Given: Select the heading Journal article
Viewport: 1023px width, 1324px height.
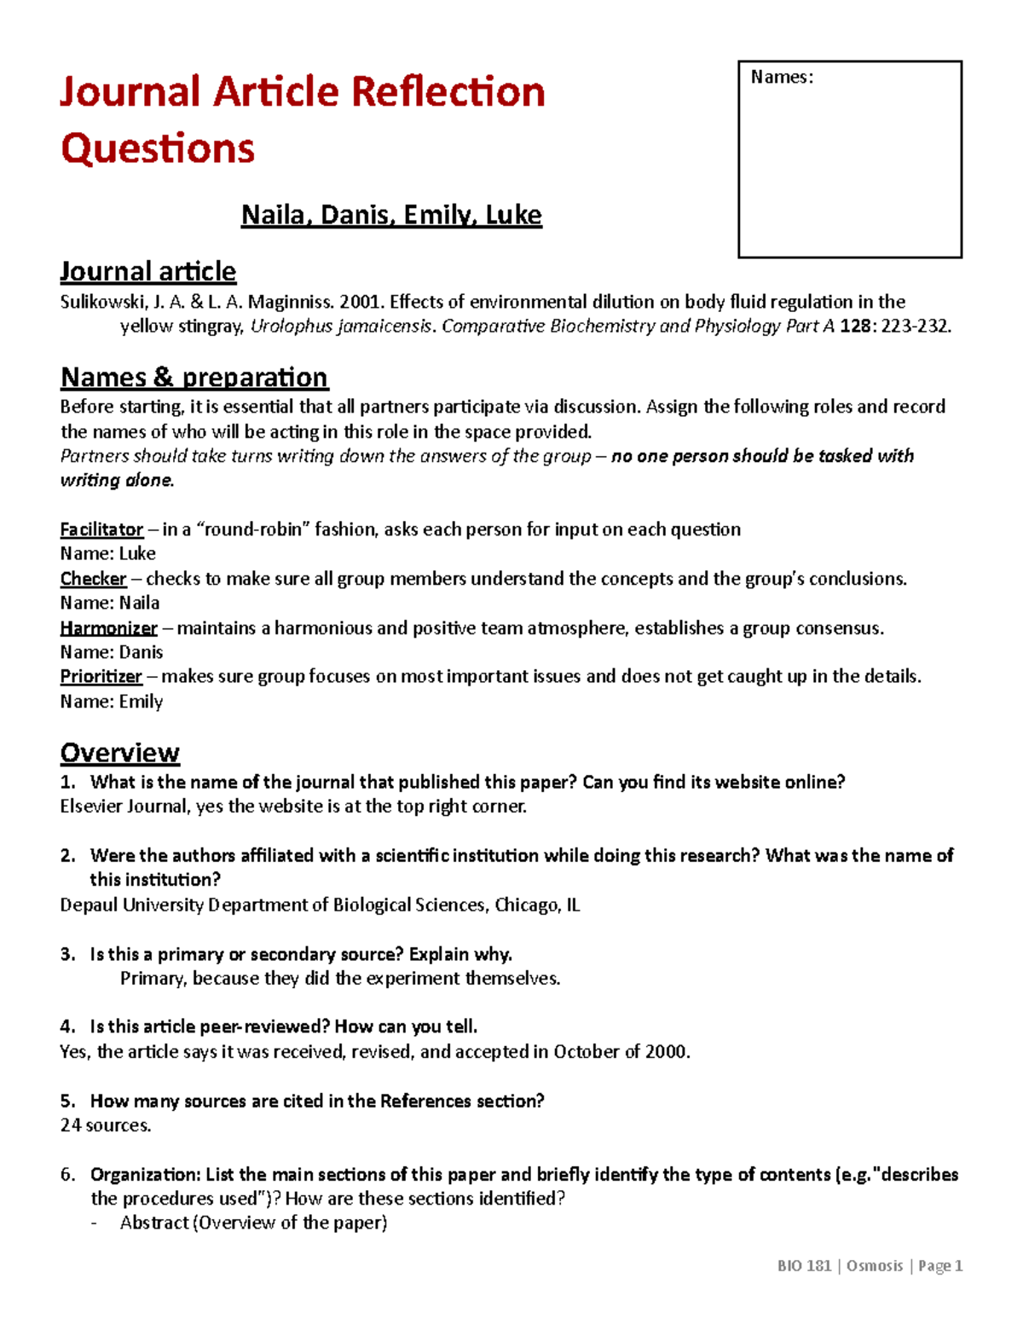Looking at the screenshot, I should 147,271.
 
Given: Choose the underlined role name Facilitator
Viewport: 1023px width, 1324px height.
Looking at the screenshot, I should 101,529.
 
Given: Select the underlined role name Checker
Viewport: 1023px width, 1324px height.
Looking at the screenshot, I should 93,579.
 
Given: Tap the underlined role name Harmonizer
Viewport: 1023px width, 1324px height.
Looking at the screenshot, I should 108,628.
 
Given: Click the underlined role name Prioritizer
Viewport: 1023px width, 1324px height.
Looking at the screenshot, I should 101,677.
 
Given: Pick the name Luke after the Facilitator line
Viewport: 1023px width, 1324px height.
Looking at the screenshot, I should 137,554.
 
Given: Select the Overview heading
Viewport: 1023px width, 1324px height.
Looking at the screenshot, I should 119,753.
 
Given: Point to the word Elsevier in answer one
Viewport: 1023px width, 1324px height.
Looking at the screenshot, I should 91,807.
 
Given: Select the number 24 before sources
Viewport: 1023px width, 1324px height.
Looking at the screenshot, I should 71,1125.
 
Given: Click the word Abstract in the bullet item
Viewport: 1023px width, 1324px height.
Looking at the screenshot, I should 154,1223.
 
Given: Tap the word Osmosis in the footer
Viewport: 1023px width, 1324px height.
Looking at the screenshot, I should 875,1266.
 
